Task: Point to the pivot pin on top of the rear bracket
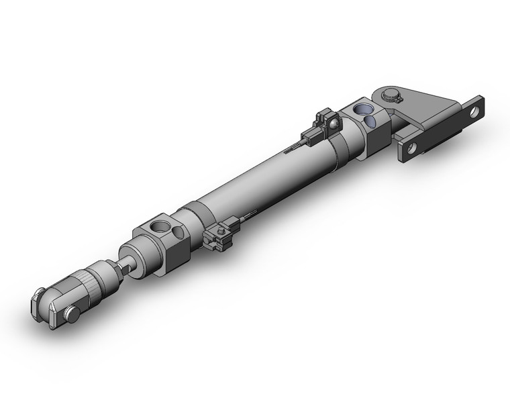tap(391, 95)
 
